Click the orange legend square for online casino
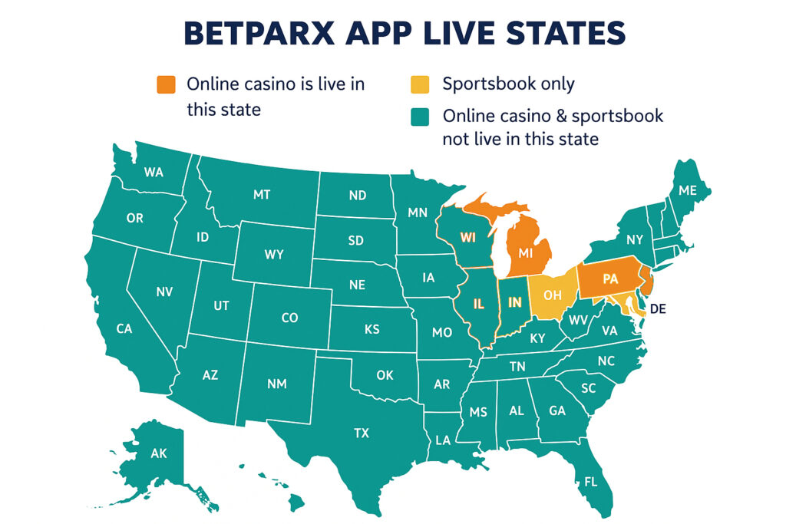coord(166,84)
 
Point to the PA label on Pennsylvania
coord(610,279)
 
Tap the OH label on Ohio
coord(552,295)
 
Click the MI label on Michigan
coord(526,252)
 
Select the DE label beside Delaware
coord(657,309)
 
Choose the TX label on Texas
coord(362,433)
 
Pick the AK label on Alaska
coord(158,453)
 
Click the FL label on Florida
coord(589,483)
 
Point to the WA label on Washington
coord(154,173)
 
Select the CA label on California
coord(124,328)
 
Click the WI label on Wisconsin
coord(468,237)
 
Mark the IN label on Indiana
coord(514,302)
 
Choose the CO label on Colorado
coord(289,318)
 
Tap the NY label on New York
coord(634,239)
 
